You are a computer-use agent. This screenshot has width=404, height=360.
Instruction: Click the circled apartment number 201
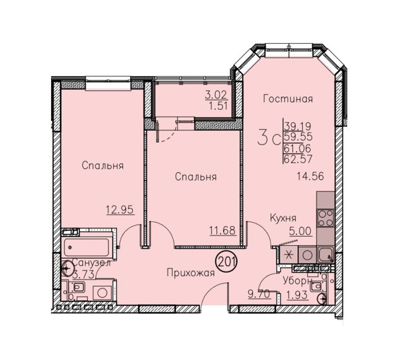(226, 262)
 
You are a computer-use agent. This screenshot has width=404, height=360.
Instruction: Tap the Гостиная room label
(288, 99)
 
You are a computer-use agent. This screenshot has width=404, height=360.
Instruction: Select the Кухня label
(283, 218)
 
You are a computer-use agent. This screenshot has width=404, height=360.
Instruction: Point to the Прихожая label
(190, 273)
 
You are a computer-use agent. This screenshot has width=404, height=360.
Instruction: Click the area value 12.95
(120, 209)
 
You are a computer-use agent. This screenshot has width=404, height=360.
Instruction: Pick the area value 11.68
(223, 230)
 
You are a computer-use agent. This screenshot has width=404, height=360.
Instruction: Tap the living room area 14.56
(310, 177)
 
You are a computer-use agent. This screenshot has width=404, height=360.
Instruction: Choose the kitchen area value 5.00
(301, 231)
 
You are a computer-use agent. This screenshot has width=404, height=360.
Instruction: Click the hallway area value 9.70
(259, 294)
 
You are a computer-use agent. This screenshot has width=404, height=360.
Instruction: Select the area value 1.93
(297, 295)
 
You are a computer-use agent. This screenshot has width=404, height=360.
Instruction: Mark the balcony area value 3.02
(216, 95)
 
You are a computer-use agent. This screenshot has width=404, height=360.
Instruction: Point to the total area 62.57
(298, 159)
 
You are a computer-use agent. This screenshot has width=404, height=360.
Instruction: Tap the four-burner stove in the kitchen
(325, 218)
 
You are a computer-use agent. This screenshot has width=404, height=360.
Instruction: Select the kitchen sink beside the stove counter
(326, 254)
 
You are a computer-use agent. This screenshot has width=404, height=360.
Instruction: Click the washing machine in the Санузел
(102, 292)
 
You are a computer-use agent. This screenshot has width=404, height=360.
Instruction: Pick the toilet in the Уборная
(316, 286)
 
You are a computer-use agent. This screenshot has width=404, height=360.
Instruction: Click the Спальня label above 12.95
(103, 165)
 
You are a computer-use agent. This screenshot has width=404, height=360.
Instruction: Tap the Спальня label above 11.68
(196, 177)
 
